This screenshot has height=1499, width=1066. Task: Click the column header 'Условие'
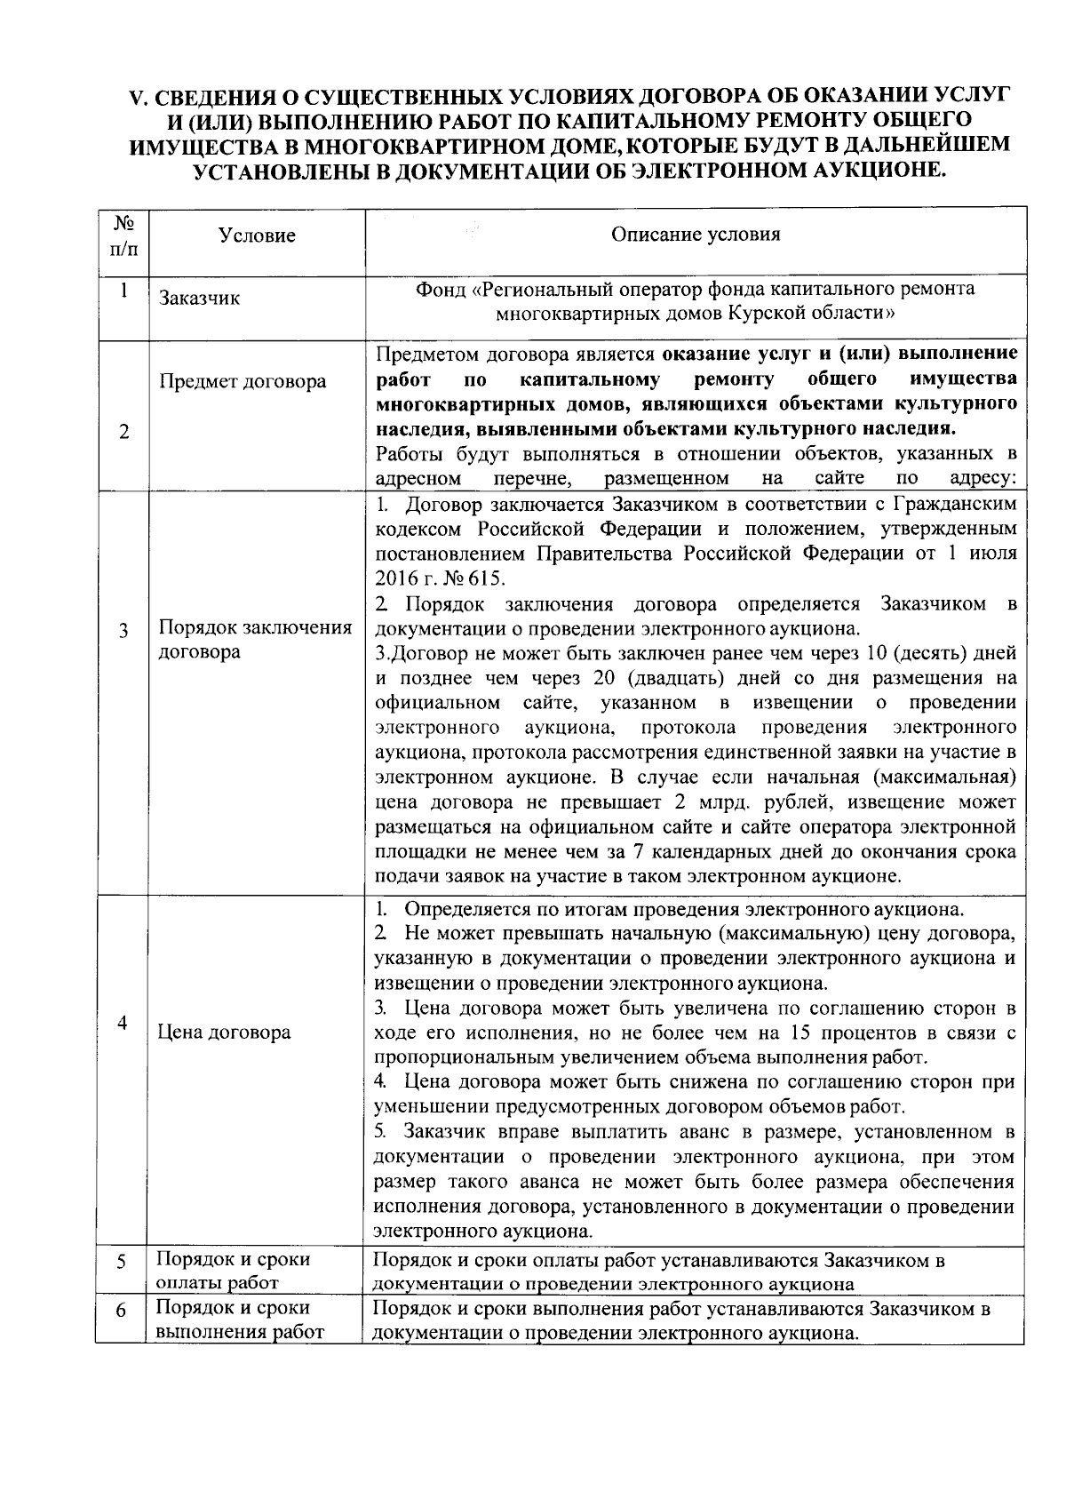(x=257, y=235)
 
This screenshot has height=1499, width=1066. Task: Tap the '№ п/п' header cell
(x=123, y=235)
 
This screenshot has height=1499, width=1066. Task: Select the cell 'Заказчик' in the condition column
(x=200, y=299)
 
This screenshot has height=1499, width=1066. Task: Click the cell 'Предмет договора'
(x=243, y=382)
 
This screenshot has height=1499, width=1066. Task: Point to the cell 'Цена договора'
(x=224, y=1033)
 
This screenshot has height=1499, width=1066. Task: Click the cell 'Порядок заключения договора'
(x=255, y=640)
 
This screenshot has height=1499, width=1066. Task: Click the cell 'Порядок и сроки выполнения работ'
(x=240, y=1320)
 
